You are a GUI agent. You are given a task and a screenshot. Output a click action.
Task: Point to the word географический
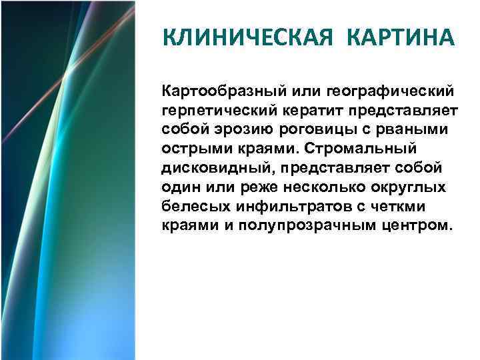pyautogui.click(x=393, y=89)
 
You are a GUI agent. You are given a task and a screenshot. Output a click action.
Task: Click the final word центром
pyautogui.click(x=421, y=225)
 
